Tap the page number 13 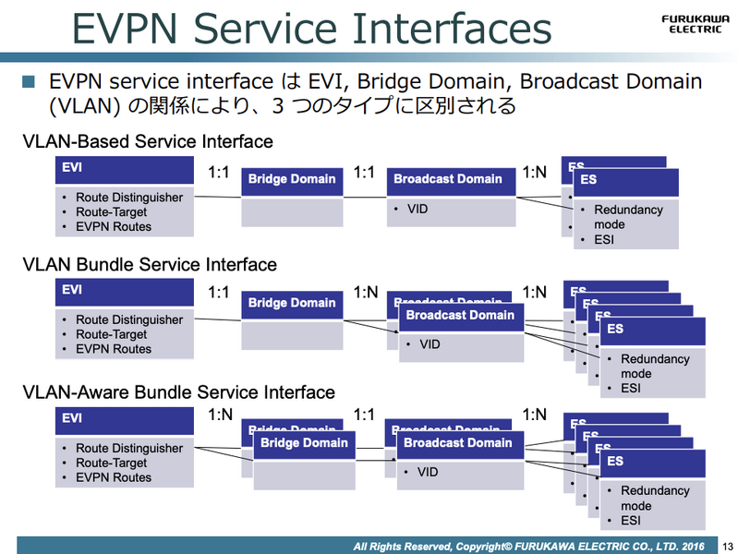click(725, 547)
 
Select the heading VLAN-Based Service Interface click(148, 141)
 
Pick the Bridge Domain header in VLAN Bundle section click(292, 303)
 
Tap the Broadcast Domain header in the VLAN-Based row click(448, 179)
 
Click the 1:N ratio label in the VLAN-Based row click(535, 172)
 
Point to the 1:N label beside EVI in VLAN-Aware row click(219, 415)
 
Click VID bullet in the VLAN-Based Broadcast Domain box click(417, 210)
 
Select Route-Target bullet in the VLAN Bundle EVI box click(111, 334)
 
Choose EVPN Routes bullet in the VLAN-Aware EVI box click(113, 477)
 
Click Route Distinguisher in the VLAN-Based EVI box click(128, 198)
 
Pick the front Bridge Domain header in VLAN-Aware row click(304, 443)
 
